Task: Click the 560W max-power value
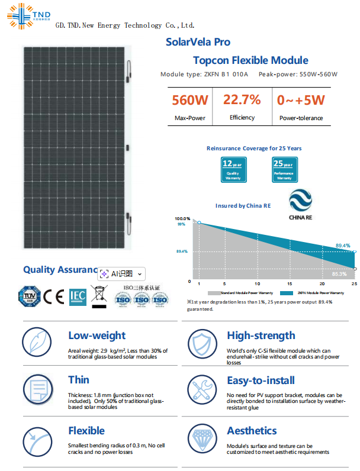tap(190, 99)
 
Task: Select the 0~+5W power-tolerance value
tap(301, 99)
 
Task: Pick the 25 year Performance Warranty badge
tap(284, 170)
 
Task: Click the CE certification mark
tap(54, 295)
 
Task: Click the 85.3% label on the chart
tap(339, 274)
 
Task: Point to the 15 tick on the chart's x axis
tap(290, 285)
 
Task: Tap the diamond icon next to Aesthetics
tap(203, 439)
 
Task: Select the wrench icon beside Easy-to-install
tap(203, 389)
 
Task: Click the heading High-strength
tap(261, 335)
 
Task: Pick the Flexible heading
tap(86, 431)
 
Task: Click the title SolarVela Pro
tap(198, 42)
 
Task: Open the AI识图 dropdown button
tap(121, 274)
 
